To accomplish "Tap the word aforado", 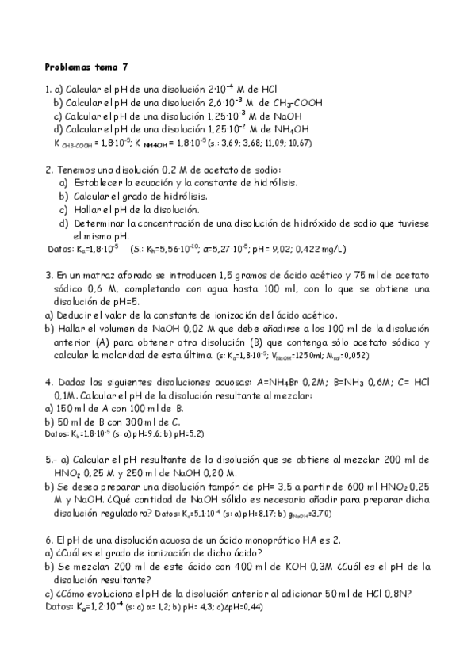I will pos(128,274).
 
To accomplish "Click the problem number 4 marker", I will pos(48,381).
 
